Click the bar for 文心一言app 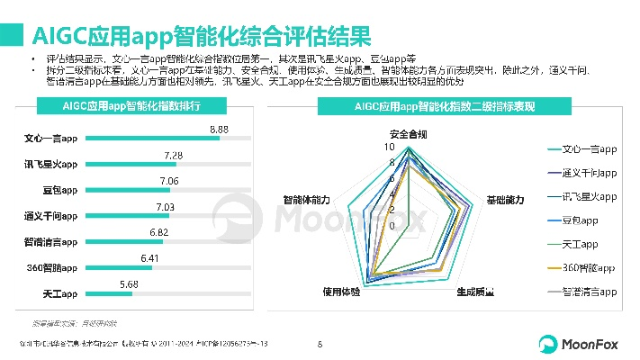tap(152, 139)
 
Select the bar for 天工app tap(108, 294)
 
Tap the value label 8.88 tap(219, 130)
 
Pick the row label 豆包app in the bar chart tap(59, 191)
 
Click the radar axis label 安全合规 tap(408, 134)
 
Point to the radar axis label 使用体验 tap(341, 292)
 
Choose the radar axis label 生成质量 tap(474, 292)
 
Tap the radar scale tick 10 tap(390, 147)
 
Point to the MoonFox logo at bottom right tap(576, 344)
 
